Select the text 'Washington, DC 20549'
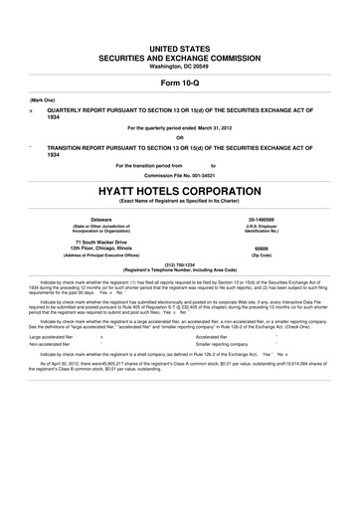180,38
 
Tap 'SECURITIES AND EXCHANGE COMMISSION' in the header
180,29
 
